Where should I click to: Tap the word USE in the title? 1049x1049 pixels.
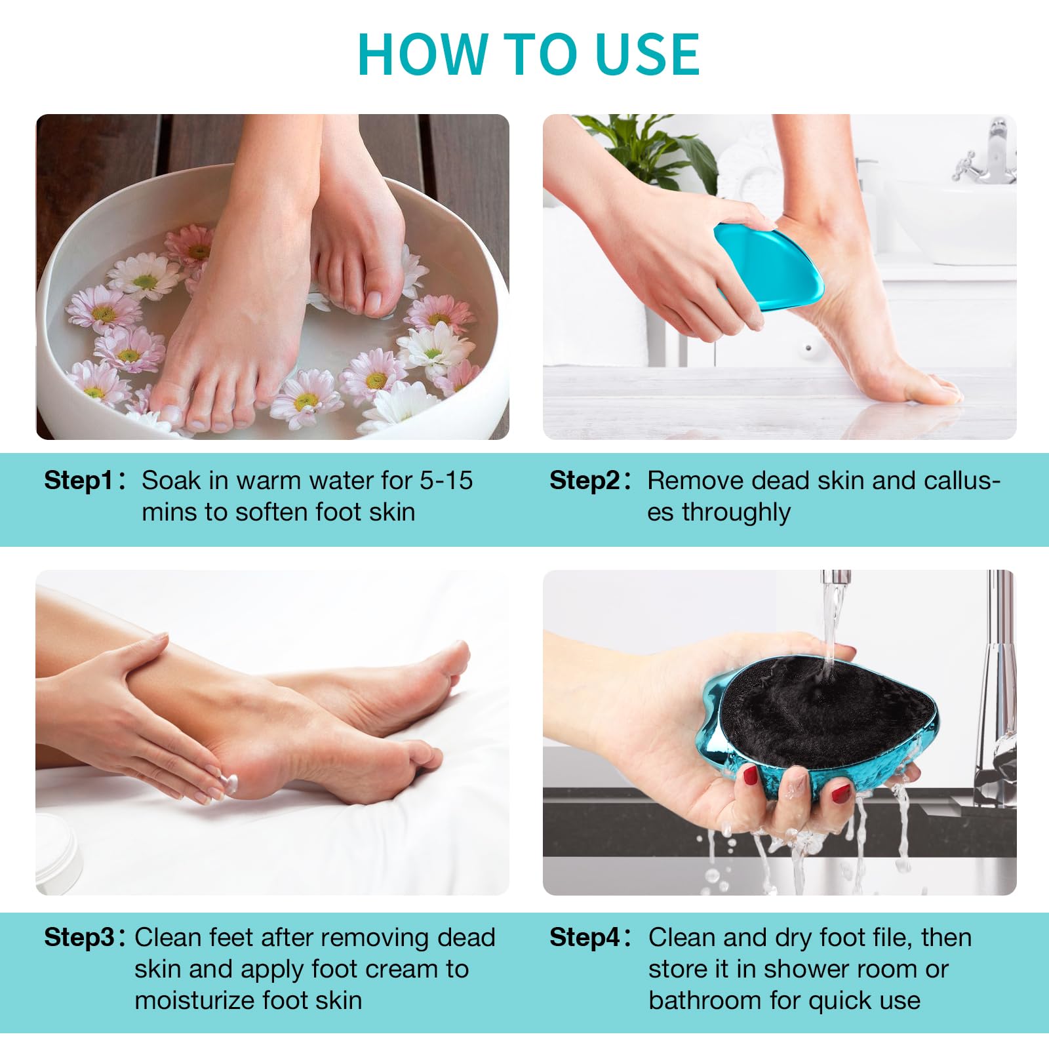648,54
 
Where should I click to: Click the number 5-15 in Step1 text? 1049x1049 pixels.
446,481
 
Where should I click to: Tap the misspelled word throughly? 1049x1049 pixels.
736,513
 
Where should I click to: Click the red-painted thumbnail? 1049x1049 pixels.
750,777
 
